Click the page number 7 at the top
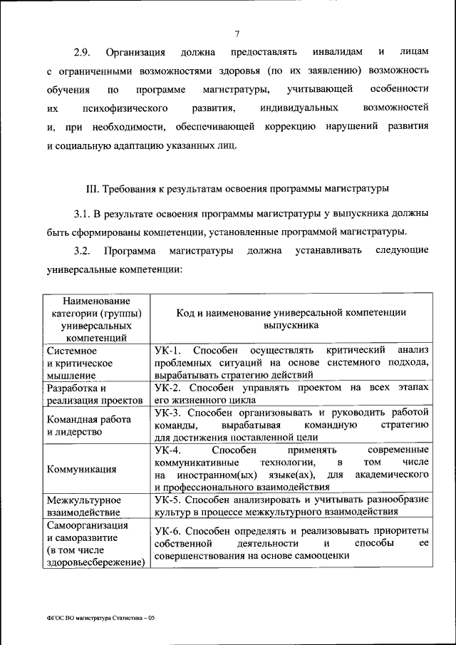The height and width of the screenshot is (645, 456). click(x=236, y=33)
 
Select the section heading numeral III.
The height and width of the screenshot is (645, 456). click(x=91, y=190)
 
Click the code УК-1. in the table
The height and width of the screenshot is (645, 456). click(x=169, y=351)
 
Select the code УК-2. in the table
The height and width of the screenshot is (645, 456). click(x=169, y=388)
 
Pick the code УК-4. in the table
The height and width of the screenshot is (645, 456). click(x=169, y=450)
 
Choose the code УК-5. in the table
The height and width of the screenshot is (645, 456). click(x=169, y=500)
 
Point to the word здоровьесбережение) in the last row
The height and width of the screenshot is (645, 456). click(x=95, y=562)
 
